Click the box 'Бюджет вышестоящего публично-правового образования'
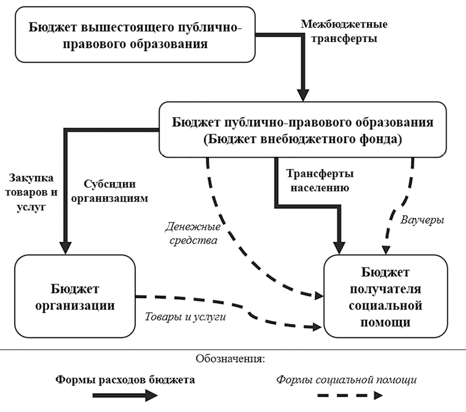click(x=133, y=35)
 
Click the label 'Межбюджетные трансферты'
click(x=344, y=33)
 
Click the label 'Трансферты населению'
click(x=320, y=181)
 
